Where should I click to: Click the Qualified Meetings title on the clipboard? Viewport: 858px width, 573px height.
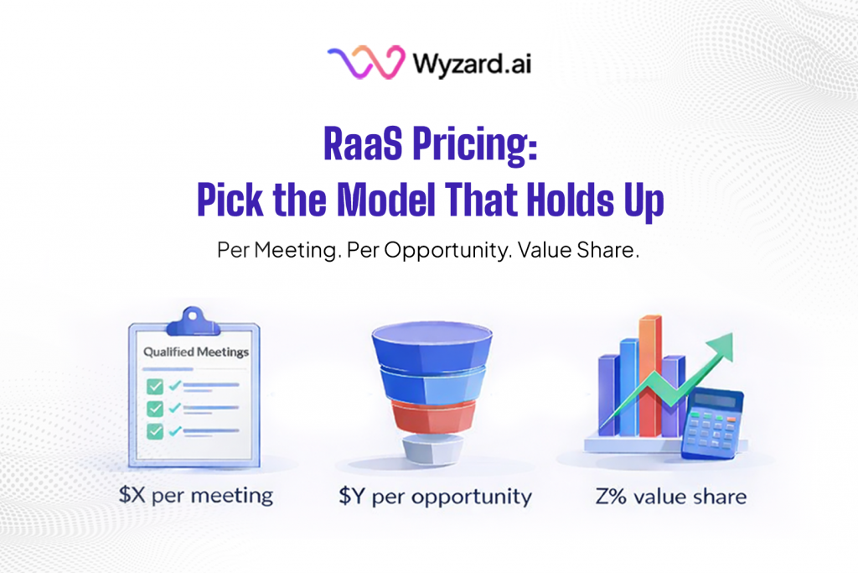(x=195, y=352)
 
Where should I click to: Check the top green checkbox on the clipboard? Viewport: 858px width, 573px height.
(x=155, y=386)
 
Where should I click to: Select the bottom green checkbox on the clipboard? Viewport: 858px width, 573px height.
(x=155, y=430)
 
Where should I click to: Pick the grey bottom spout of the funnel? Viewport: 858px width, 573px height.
(x=429, y=449)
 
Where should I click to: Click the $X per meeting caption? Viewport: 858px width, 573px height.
(x=196, y=495)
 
